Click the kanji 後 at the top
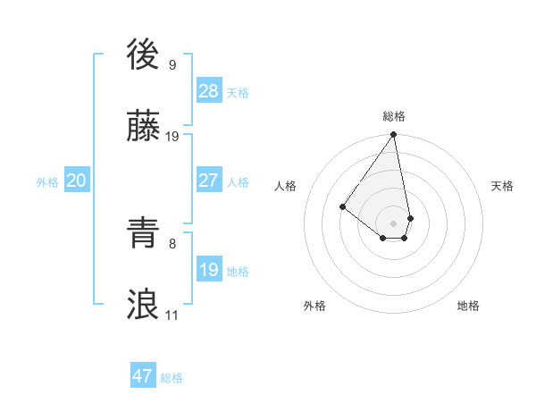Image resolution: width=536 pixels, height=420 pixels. [x=144, y=55]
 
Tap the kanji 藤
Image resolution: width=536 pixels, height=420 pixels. [x=144, y=127]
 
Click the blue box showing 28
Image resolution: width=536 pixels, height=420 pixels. [x=209, y=90]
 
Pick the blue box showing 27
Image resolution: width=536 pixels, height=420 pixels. [x=209, y=180]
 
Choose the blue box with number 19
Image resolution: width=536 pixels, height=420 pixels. [x=209, y=269]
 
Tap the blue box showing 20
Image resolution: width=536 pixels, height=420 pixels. [x=77, y=181]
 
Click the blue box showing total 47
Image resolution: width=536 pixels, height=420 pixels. [x=143, y=376]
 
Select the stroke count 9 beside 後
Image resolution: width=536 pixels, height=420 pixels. [x=172, y=64]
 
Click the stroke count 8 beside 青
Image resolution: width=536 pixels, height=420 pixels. [x=172, y=243]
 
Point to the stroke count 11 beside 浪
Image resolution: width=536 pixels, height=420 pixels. [x=172, y=315]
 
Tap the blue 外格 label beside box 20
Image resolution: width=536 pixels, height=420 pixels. [x=47, y=182]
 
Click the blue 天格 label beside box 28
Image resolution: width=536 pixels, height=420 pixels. [x=238, y=93]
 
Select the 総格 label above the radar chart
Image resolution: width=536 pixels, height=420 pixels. [x=394, y=116]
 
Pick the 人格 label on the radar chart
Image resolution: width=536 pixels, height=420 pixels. [x=286, y=186]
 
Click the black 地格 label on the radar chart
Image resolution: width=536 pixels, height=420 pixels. [x=468, y=306]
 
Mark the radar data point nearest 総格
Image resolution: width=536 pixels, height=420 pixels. [x=393, y=136]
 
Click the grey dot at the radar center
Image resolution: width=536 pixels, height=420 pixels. [x=393, y=223]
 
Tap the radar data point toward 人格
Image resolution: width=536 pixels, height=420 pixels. [x=342, y=207]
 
